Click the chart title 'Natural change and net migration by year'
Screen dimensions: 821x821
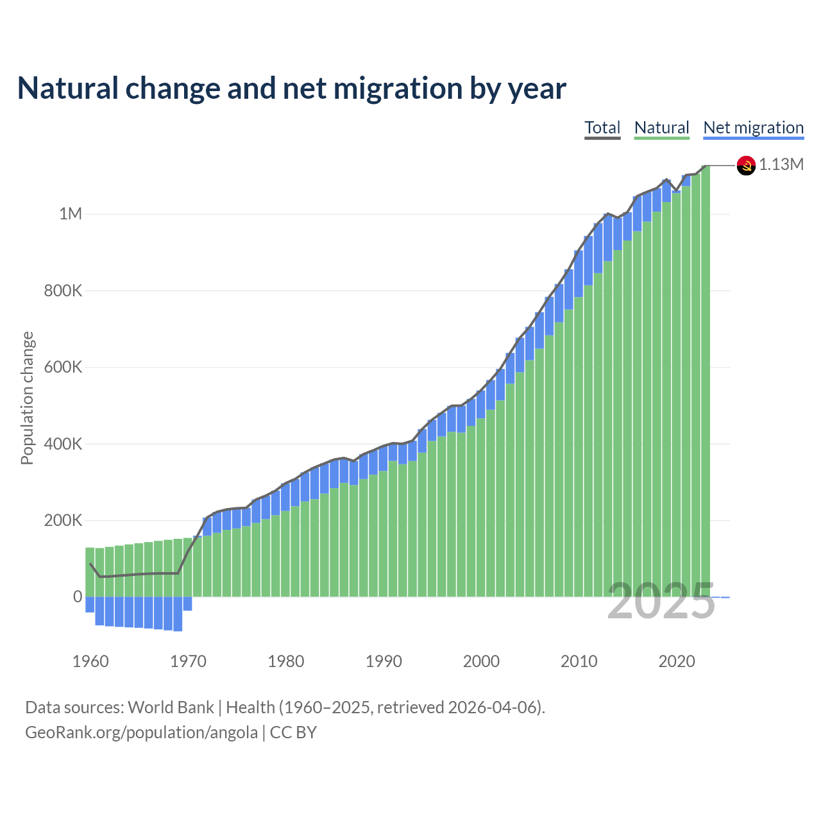pyautogui.click(x=291, y=89)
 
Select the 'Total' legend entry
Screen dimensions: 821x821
pyautogui.click(x=602, y=128)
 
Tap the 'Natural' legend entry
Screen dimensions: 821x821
pyautogui.click(x=661, y=128)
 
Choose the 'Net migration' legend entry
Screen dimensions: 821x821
pyautogui.click(x=753, y=128)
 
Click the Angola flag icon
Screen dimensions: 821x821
pyautogui.click(x=746, y=165)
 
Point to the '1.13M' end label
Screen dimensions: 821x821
pyautogui.click(x=781, y=165)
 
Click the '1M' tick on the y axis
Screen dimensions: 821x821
pyautogui.click(x=71, y=214)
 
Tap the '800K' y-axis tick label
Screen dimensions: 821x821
pyautogui.click(x=63, y=291)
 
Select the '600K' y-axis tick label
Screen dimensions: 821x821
pyautogui.click(x=63, y=367)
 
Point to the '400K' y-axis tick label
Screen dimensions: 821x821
pyautogui.click(x=63, y=444)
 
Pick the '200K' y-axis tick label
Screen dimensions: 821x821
pyautogui.click(x=63, y=520)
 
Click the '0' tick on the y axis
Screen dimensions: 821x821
pyautogui.click(x=78, y=597)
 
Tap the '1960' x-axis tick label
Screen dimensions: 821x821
pyautogui.click(x=90, y=661)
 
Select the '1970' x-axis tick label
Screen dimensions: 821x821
pyautogui.click(x=188, y=661)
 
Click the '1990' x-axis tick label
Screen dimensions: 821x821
pyautogui.click(x=384, y=661)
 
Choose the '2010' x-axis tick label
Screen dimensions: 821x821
pyautogui.click(x=579, y=661)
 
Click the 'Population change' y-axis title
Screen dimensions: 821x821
pyautogui.click(x=27, y=398)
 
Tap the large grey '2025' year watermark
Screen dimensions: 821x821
pyautogui.click(x=661, y=602)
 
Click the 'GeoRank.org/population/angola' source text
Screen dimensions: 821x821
pyautogui.click(x=141, y=732)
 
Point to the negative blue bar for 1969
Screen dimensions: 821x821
pyautogui.click(x=178, y=614)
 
